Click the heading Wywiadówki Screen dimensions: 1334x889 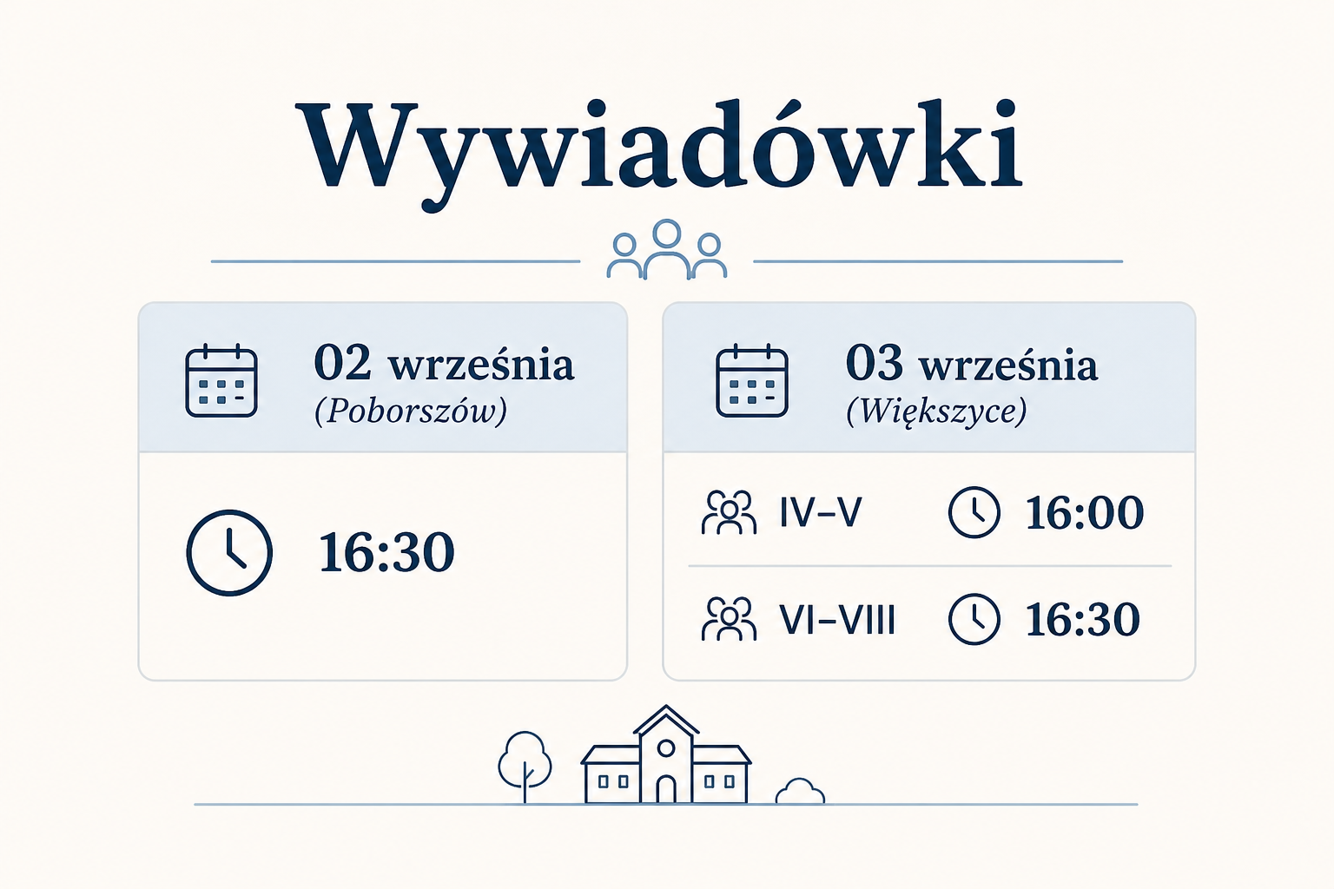(662, 153)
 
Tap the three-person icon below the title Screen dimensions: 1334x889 (666, 250)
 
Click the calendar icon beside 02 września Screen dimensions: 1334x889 (221, 380)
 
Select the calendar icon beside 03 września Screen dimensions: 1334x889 (751, 380)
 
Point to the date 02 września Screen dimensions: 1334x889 (444, 363)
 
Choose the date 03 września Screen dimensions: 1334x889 (971, 363)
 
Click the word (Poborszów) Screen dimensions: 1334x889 (411, 411)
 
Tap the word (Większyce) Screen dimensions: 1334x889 (936, 411)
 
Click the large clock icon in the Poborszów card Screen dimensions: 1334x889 (229, 552)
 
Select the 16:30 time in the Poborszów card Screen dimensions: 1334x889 (386, 552)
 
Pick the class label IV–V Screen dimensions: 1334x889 (821, 512)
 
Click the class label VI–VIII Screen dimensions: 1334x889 (837, 619)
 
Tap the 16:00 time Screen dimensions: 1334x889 (1084, 512)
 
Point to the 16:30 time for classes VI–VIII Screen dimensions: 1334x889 (1083, 619)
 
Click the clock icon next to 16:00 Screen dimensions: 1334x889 (974, 513)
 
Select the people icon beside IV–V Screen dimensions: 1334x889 (729, 512)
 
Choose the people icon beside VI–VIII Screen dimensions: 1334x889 (729, 619)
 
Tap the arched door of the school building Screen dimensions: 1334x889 (666, 789)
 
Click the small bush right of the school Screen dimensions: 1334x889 (800, 792)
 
